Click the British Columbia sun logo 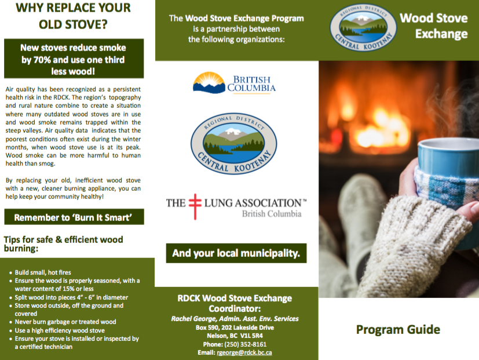click(209, 82)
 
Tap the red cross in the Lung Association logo click(195, 206)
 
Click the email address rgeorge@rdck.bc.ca click(244, 352)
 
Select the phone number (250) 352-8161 click(246, 344)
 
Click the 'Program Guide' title click(398, 329)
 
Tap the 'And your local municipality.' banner click(236, 253)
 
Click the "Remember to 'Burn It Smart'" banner click(74, 217)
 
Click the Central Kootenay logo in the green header click(363, 27)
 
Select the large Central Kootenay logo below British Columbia click(233, 144)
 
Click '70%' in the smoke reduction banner click(42, 60)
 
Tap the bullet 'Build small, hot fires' click(43, 272)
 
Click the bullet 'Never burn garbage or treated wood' click(65, 322)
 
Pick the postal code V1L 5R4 click(251, 336)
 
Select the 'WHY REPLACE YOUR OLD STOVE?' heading click(74, 16)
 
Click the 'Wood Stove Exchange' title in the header click(434, 26)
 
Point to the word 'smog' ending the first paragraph click(47, 163)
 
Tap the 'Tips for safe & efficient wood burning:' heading click(64, 244)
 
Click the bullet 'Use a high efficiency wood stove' click(60, 330)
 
